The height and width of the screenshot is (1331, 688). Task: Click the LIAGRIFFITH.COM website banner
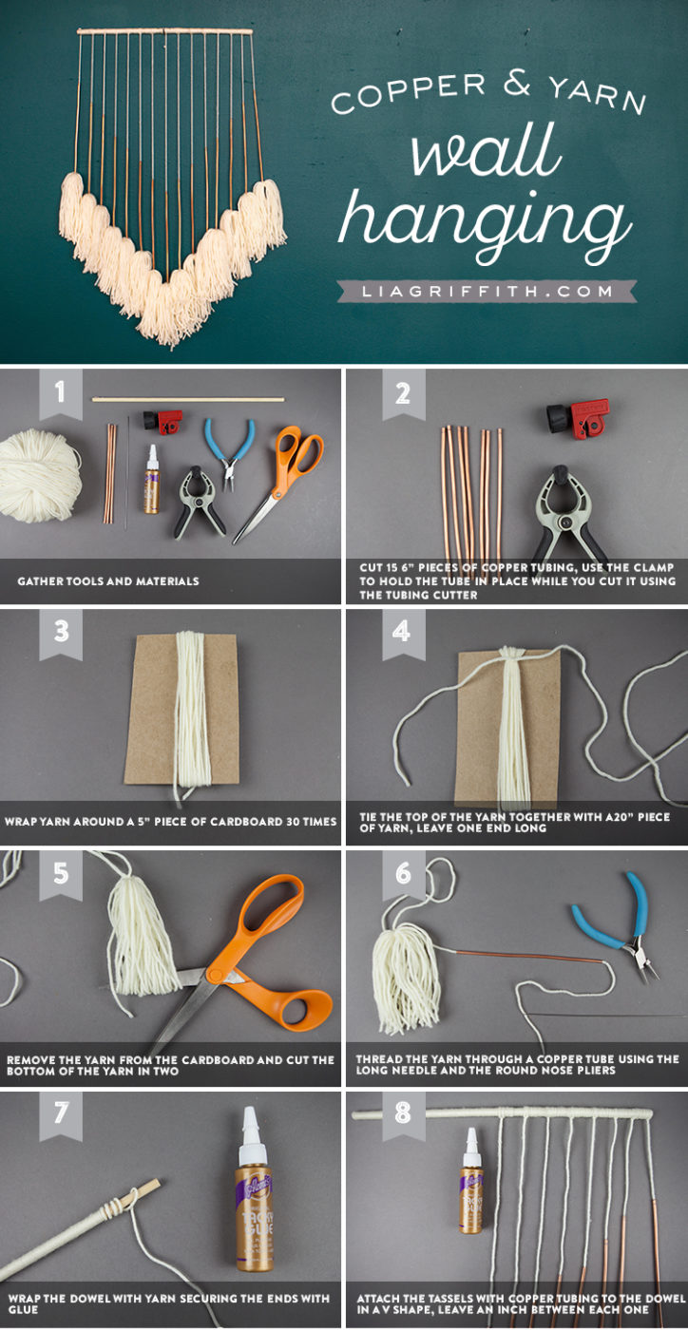tap(486, 291)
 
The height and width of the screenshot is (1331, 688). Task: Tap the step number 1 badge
tap(60, 393)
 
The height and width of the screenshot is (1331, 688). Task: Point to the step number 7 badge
tap(60, 1114)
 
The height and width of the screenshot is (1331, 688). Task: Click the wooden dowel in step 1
tap(188, 399)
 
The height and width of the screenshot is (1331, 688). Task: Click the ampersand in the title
tap(517, 83)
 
